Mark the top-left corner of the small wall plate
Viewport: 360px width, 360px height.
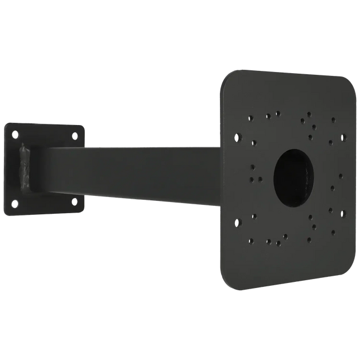tap(6, 123)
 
